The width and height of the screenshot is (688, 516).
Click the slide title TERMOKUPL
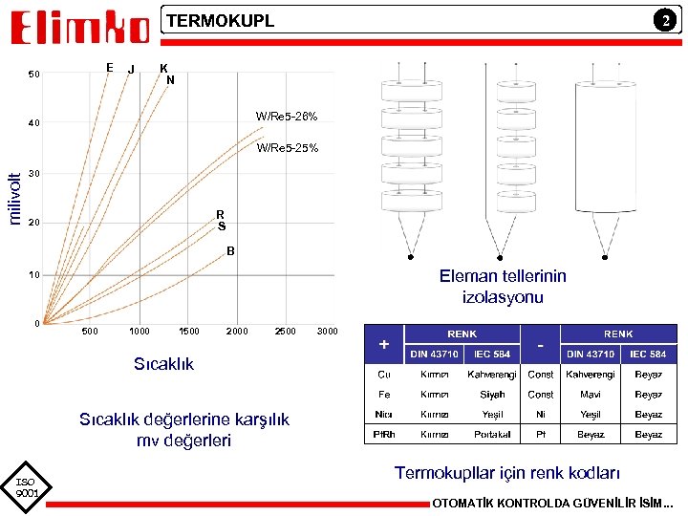point(221,21)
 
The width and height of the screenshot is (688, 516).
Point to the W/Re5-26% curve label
point(287,117)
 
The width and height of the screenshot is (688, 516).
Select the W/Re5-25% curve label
point(287,148)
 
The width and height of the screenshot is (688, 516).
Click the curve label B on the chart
point(230,251)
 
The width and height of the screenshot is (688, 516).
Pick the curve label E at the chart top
point(110,67)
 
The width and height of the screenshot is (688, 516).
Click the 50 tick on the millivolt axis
point(34,75)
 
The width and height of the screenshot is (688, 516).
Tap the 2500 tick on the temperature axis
point(285,332)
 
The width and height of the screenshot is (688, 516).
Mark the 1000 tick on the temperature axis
point(139,332)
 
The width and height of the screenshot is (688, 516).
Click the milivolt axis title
point(15,198)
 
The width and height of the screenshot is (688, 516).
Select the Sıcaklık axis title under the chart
point(163,364)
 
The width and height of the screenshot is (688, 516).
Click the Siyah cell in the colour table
point(492,394)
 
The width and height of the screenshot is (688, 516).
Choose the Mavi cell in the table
point(590,394)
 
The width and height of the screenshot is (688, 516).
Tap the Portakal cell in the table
point(492,435)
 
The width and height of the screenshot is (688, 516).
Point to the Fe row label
point(384,394)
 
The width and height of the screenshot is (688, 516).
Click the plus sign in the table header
point(384,344)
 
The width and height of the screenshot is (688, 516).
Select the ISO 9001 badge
point(26,487)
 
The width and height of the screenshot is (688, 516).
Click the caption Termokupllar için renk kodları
point(507,473)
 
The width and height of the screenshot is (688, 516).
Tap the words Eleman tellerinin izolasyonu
point(503,287)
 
